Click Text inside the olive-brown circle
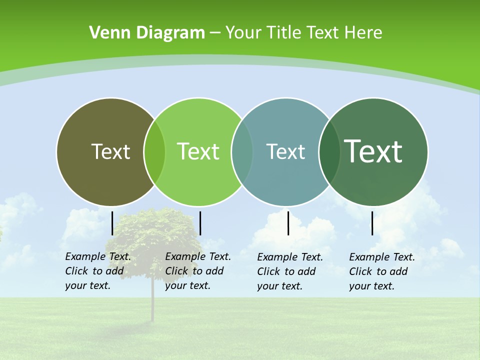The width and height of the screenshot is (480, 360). (x=110, y=151)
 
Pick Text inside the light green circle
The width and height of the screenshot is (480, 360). (x=198, y=151)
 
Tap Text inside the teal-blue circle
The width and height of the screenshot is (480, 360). (x=285, y=151)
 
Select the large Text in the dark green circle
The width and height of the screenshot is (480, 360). (x=373, y=151)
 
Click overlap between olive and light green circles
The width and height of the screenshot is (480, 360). (x=154, y=152)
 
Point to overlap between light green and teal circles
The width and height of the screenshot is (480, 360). (x=242, y=152)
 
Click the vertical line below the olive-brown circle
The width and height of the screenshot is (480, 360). (x=112, y=223)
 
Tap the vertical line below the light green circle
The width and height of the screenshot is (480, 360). (x=200, y=223)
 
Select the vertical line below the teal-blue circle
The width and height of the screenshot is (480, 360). (x=288, y=223)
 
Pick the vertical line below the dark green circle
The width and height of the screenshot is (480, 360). (x=372, y=223)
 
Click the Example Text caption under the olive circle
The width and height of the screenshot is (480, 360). (x=98, y=271)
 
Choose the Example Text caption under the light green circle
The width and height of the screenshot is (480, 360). (x=198, y=271)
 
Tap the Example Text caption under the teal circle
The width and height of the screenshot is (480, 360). (x=290, y=271)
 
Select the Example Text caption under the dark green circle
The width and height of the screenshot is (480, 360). (x=382, y=271)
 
